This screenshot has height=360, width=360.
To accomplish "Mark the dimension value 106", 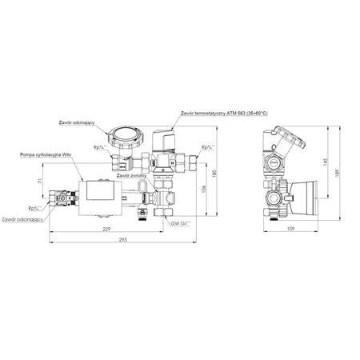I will point(204,190).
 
